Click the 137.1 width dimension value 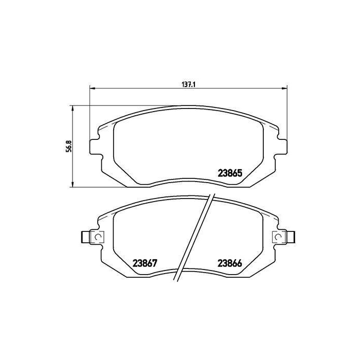tap(189, 84)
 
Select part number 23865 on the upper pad tap(230, 173)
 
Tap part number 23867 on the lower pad tap(145, 263)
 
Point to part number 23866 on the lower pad tap(230, 263)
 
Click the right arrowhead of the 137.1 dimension tap(284, 88)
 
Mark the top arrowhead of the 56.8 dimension tap(73, 109)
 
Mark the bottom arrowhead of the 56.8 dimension tap(73, 184)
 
